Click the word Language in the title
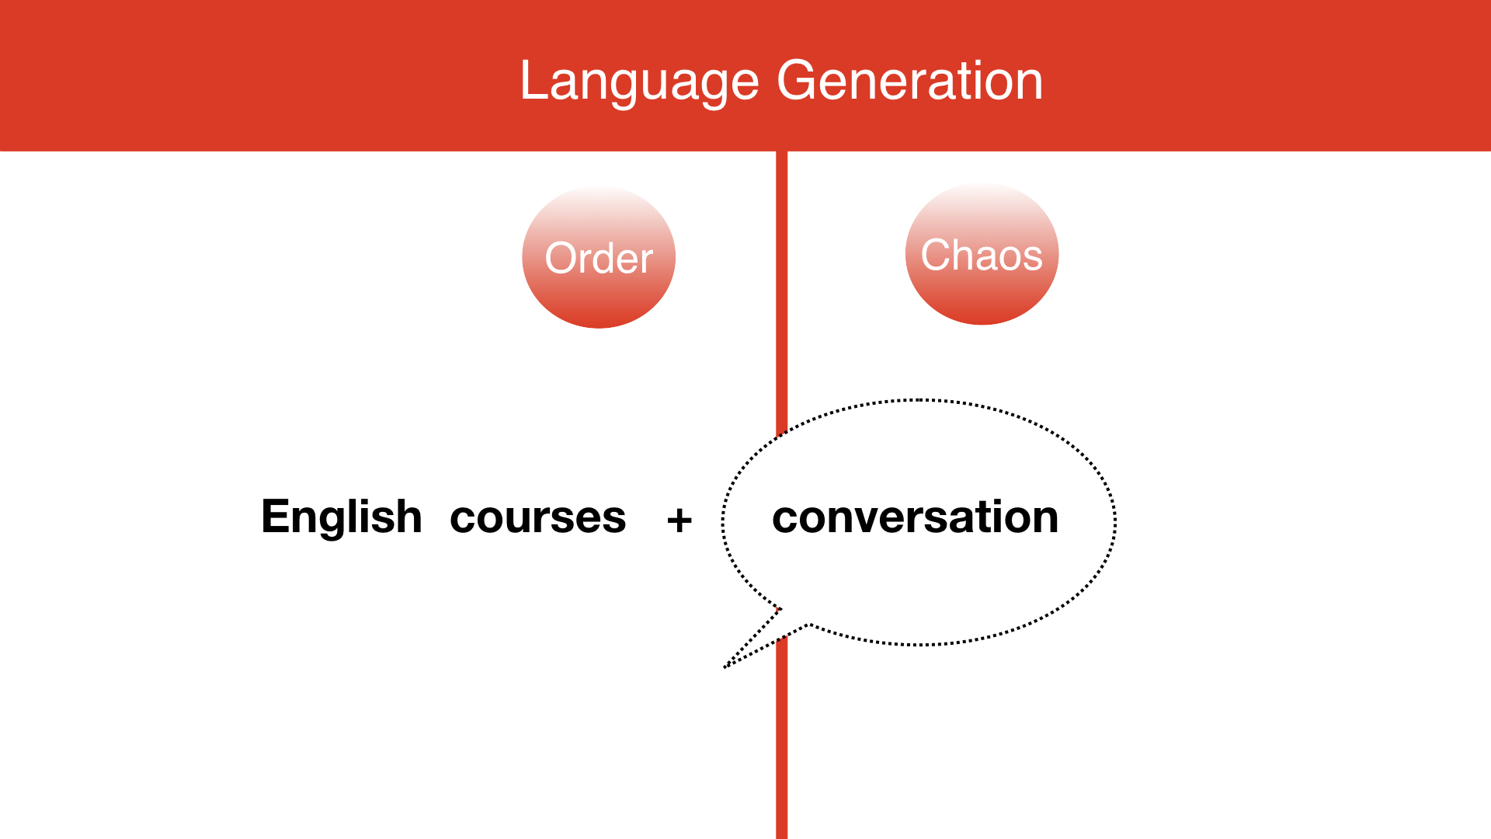pyautogui.click(x=639, y=82)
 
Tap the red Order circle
pyautogui.click(x=599, y=257)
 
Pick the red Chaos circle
pyautogui.click(x=982, y=254)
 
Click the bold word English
pyautogui.click(x=342, y=517)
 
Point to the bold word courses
pyautogui.click(x=537, y=517)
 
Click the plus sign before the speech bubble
pyautogui.click(x=679, y=520)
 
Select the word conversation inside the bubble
pyautogui.click(x=915, y=517)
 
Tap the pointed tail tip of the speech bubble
pyautogui.click(x=725, y=667)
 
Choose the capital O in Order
pyautogui.click(x=562, y=258)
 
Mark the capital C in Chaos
pyautogui.click(x=937, y=255)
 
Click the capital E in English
pyautogui.click(x=276, y=517)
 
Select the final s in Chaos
pyautogui.click(x=1032, y=258)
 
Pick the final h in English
pyautogui.click(x=409, y=516)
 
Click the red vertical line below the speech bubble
pyautogui.click(x=782, y=738)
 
